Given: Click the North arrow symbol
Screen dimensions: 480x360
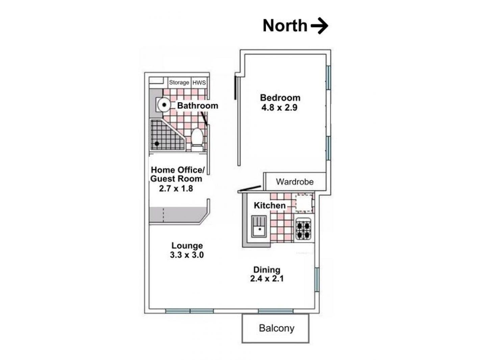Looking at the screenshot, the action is click(x=319, y=26).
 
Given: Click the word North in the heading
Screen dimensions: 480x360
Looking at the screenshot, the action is click(x=285, y=26).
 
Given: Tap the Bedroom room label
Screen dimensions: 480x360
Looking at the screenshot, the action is click(x=280, y=98).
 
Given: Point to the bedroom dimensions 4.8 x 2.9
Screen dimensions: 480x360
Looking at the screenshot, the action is click(x=279, y=108).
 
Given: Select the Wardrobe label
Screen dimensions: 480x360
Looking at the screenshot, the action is click(x=295, y=182).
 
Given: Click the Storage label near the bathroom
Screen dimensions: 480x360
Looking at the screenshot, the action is click(x=179, y=82).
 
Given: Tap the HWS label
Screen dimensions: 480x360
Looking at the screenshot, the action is click(x=199, y=82).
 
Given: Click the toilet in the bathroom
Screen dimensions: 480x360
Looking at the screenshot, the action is click(x=197, y=139).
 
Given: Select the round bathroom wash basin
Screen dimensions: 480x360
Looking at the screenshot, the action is click(x=164, y=105).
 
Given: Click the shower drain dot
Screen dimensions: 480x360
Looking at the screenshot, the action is click(x=157, y=144).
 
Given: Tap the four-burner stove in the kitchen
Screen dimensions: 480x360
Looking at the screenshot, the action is click(x=303, y=230).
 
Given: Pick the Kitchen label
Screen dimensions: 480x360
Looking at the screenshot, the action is click(x=270, y=205).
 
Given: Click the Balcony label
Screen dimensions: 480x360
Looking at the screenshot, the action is click(x=276, y=328).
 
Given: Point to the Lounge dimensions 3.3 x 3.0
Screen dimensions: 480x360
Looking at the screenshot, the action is click(x=187, y=255).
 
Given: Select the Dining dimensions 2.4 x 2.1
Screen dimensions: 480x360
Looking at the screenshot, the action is click(x=267, y=279).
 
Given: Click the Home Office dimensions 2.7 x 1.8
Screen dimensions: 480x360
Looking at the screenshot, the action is click(x=176, y=188).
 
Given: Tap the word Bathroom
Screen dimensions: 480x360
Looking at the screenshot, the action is click(x=198, y=105).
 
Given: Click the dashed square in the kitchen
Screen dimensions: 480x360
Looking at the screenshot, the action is click(x=304, y=203).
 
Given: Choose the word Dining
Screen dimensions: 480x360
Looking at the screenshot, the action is click(x=267, y=270).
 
